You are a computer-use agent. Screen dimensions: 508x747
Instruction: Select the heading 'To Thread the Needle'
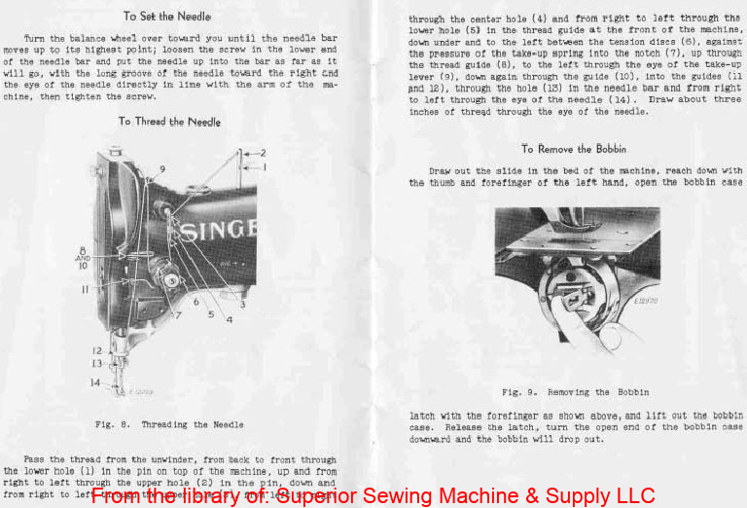tap(169, 122)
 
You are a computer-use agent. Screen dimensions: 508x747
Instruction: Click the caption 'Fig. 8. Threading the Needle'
tap(169, 425)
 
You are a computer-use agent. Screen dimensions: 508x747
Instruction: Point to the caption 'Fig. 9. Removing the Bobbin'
tap(576, 392)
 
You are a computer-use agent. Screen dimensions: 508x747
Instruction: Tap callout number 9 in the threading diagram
tap(162, 170)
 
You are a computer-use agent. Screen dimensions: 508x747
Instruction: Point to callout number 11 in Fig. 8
tap(86, 289)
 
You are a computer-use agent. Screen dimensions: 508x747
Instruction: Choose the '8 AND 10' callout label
tap(83, 258)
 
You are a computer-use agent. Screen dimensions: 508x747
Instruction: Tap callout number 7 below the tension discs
tap(178, 315)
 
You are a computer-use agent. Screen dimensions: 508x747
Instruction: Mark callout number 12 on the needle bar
tap(96, 350)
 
